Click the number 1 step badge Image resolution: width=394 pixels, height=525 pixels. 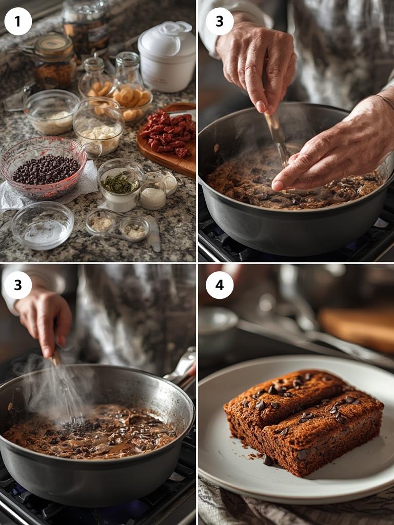point(18,22)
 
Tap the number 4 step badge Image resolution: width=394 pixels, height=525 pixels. point(220,285)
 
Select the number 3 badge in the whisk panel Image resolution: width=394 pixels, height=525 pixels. point(18,285)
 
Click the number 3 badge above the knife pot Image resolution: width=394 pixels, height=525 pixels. point(220,22)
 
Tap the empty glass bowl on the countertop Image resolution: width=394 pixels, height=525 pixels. point(42,225)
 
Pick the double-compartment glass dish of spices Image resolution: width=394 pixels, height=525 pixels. point(118,225)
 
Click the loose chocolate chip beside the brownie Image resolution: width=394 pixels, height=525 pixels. point(268,460)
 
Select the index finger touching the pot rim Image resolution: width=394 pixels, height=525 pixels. point(298,177)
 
